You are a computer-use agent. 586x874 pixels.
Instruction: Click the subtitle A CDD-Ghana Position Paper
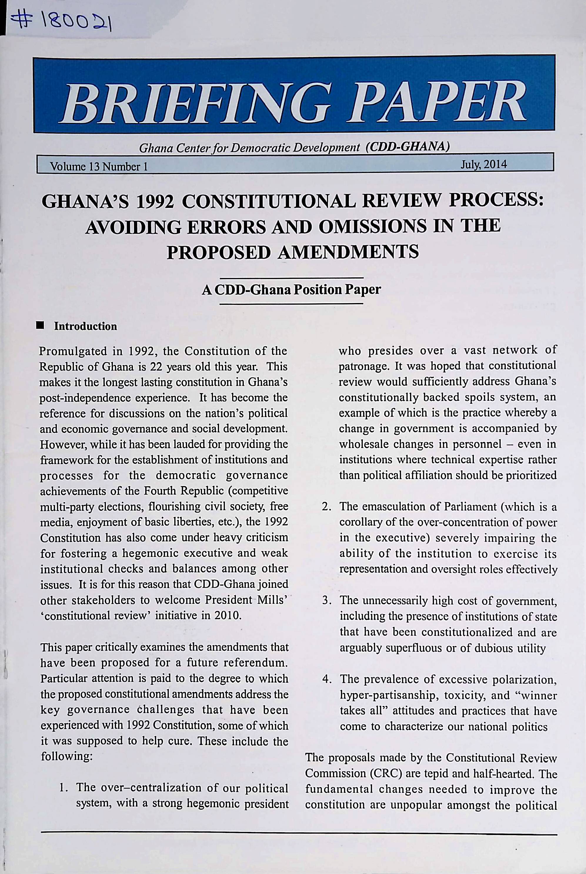point(291,290)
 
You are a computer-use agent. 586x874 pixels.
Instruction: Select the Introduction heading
point(85,326)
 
